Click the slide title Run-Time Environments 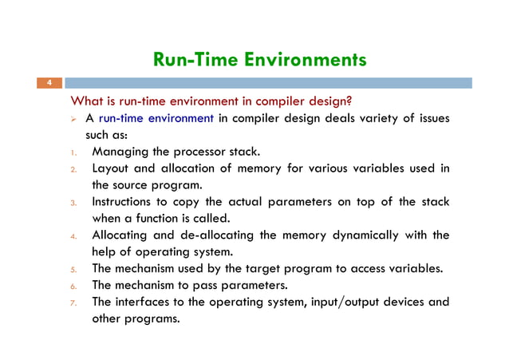(x=259, y=60)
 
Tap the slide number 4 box (x=49, y=84)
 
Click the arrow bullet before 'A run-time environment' (x=77, y=119)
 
